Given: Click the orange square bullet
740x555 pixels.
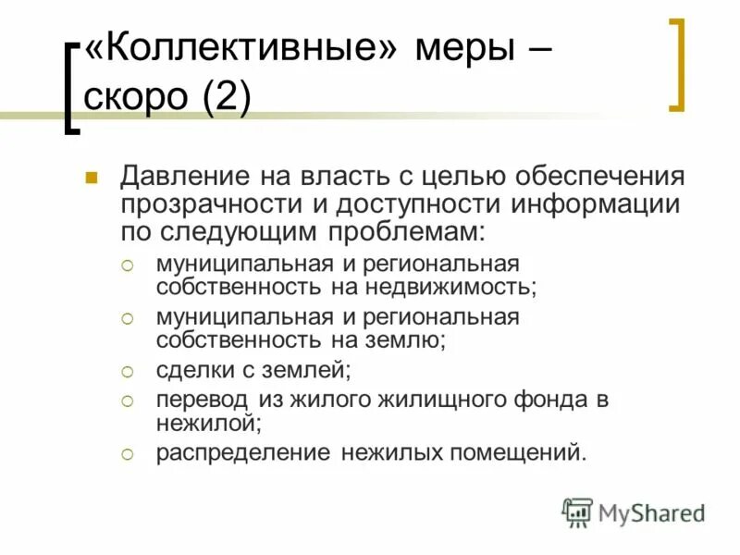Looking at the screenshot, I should pyautogui.click(x=91, y=177).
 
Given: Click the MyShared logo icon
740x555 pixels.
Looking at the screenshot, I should pyautogui.click(x=578, y=512).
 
